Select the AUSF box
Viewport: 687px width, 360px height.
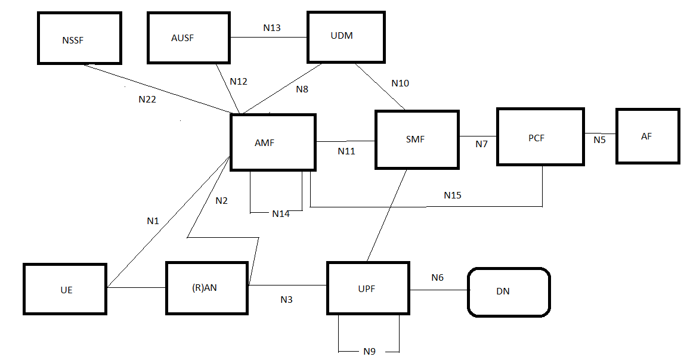coord(189,38)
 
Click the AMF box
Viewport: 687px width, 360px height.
coord(273,142)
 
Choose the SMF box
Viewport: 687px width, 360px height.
coord(417,140)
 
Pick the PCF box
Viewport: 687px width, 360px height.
coord(540,136)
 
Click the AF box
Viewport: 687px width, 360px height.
coord(648,136)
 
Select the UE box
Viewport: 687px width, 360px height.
coord(65,288)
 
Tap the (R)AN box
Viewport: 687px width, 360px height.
coord(206,288)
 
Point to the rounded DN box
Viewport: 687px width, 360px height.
coord(508,291)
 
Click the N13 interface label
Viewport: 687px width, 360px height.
coord(271,27)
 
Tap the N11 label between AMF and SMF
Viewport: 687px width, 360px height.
coord(346,151)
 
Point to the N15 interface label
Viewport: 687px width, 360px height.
coord(453,195)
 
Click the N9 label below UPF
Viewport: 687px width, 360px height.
coord(369,352)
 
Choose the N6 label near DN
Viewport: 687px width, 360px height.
coord(438,278)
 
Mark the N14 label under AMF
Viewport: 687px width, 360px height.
coord(281,213)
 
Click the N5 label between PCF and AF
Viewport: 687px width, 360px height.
coord(599,140)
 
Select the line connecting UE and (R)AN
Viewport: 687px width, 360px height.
coord(136,287)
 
